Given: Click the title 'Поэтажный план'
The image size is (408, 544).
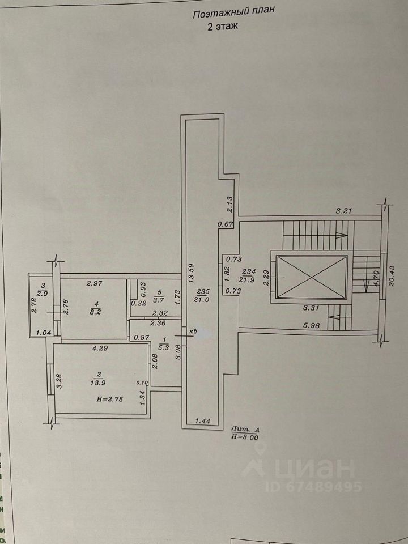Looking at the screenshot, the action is point(233,16).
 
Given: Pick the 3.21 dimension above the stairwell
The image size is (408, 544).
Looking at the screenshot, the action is point(345,211).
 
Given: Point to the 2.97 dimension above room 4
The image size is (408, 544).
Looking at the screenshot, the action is point(95,283).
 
